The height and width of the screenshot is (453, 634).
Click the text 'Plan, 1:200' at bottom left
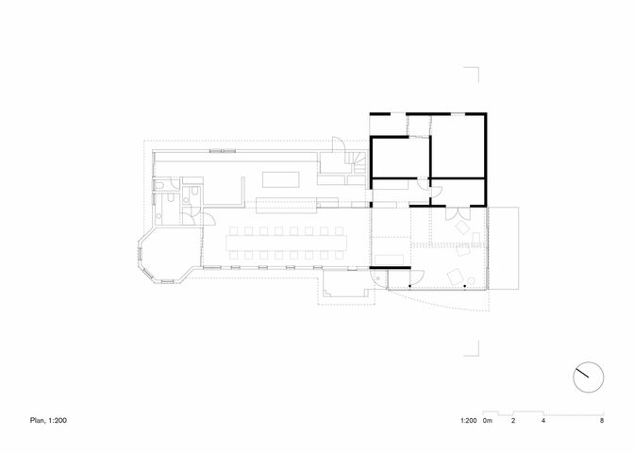pyautogui.click(x=48, y=421)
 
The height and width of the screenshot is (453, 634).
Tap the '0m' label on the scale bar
pyautogui.click(x=488, y=421)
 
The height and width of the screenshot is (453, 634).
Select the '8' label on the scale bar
pyautogui.click(x=602, y=421)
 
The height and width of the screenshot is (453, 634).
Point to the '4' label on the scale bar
pyautogui.click(x=543, y=421)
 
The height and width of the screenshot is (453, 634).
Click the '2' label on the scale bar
pyautogui.click(x=513, y=421)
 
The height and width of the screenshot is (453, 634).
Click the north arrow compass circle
pyautogui.click(x=589, y=362)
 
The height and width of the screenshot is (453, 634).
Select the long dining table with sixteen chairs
pyautogui.click(x=286, y=243)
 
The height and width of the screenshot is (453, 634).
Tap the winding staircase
pyautogui.click(x=356, y=162)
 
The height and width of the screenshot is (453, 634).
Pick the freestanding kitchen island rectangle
pyautogui.click(x=281, y=179)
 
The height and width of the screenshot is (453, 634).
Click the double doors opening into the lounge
pyautogui.click(x=459, y=212)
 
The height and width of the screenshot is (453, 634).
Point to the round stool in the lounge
pyautogui.click(x=471, y=280)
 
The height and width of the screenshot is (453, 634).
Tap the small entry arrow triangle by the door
pyautogui.click(x=378, y=278)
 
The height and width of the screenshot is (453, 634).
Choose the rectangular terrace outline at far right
pyautogui.click(x=504, y=248)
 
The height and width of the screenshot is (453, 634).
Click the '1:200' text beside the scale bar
pyautogui.click(x=468, y=421)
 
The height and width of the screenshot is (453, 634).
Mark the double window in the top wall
pyautogui.click(x=223, y=151)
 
